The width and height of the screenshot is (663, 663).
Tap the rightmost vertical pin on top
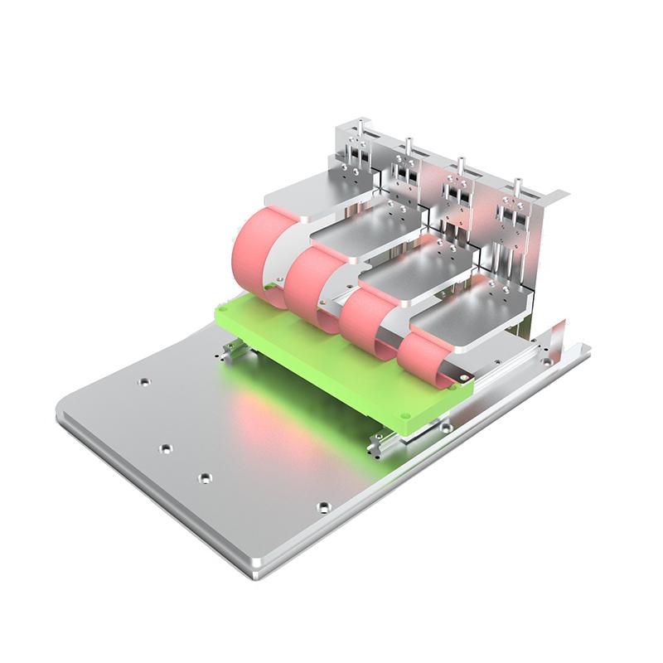518,185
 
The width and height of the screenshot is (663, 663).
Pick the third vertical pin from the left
462,163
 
